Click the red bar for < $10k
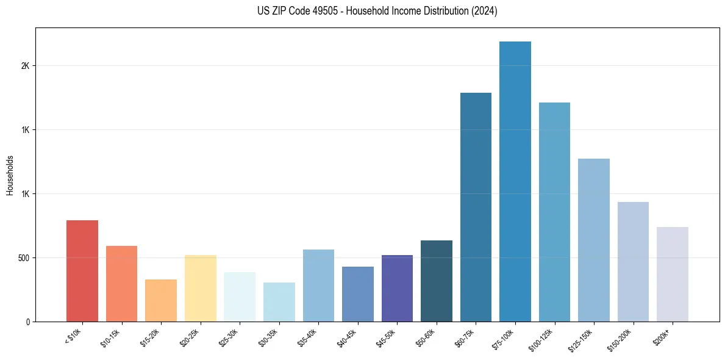[82, 271]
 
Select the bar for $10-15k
[121, 284]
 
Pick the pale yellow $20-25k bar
[201, 288]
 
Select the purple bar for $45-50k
[397, 288]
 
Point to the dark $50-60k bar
[437, 281]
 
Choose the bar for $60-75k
[476, 207]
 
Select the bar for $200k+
[673, 274]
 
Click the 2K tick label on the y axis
[25, 66]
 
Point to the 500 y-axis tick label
[23, 257]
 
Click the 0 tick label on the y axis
[27, 322]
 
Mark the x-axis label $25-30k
[230, 336]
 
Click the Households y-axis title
[10, 175]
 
